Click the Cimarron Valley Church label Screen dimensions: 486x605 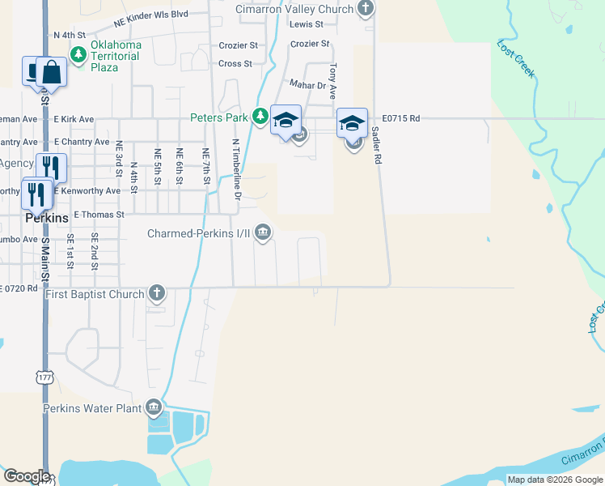click(x=294, y=9)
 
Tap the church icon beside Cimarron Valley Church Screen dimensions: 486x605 click(x=366, y=9)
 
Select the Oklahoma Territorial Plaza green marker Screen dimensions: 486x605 click(x=78, y=55)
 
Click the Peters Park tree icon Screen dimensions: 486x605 click(x=260, y=117)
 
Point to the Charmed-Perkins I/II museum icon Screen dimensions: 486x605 click(x=263, y=233)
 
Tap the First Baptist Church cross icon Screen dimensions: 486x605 click(x=156, y=293)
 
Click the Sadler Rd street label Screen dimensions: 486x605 click(x=376, y=147)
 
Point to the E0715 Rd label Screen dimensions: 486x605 click(x=402, y=118)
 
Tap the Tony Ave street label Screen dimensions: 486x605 click(x=332, y=81)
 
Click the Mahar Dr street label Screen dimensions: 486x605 click(x=307, y=84)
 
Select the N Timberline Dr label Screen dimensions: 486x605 click(x=236, y=169)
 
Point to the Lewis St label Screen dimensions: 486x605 click(x=307, y=24)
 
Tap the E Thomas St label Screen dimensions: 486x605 click(x=99, y=215)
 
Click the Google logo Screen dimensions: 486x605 click(x=26, y=476)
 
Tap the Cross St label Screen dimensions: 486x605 click(x=235, y=63)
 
